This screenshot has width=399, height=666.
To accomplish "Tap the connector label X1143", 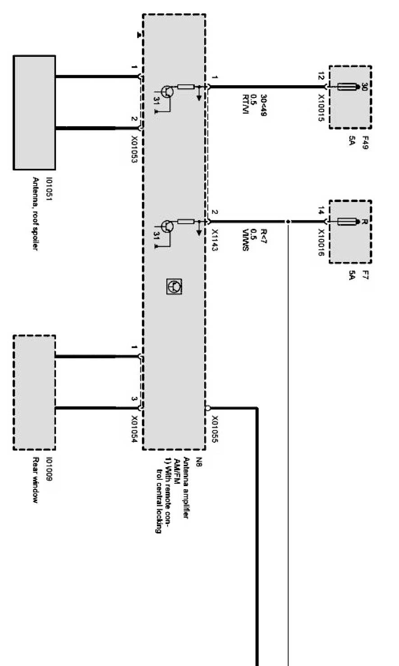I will (x=215, y=239).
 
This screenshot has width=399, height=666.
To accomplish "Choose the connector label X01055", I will (x=215, y=429).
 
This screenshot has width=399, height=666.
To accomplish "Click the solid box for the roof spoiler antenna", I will (x=34, y=113).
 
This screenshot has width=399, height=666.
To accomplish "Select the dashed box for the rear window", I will (x=34, y=392).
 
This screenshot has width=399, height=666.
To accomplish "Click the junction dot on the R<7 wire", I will (x=287, y=221).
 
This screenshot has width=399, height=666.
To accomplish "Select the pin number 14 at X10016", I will (x=321, y=210).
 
